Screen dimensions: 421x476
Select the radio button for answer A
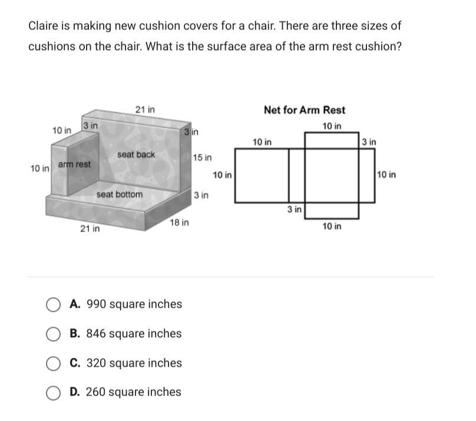(x=53, y=304)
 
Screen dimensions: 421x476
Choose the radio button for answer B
(x=53, y=334)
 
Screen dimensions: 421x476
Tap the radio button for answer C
(x=53, y=363)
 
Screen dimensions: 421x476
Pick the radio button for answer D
(x=53, y=393)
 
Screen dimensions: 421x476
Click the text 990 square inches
(x=134, y=304)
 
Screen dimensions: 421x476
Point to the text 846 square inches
(x=134, y=334)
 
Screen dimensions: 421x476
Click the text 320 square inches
(x=134, y=363)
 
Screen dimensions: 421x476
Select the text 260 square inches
(x=134, y=392)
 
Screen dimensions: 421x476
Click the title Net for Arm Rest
(x=304, y=110)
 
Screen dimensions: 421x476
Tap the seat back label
(x=136, y=154)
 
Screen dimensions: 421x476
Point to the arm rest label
(x=74, y=165)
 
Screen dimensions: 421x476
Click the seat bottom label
(x=120, y=194)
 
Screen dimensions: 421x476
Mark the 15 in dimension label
(x=203, y=157)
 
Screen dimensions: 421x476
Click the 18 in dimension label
(x=179, y=223)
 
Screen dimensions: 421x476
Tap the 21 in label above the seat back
(x=145, y=110)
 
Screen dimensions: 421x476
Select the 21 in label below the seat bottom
(x=90, y=229)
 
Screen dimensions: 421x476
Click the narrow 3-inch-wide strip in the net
(x=296, y=176)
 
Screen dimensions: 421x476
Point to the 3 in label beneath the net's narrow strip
(x=295, y=209)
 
